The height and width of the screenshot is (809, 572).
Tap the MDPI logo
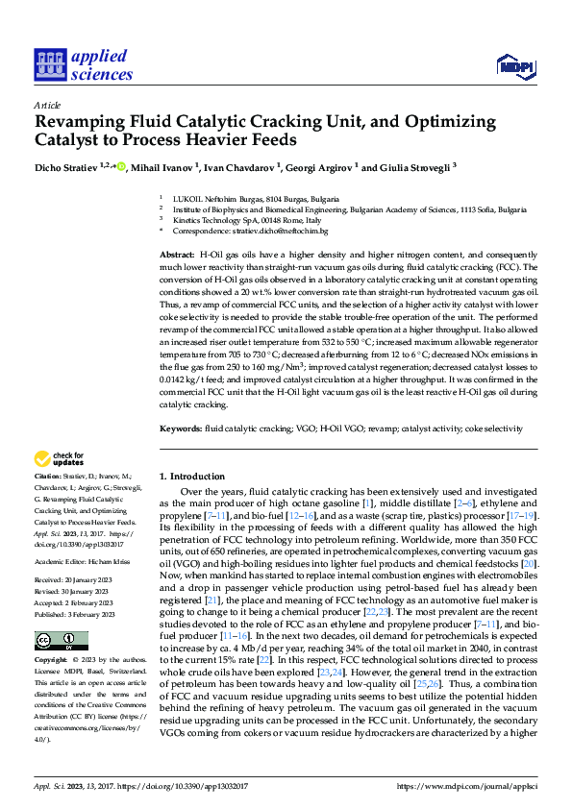pos(512,65)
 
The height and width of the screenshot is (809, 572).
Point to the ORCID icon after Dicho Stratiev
pos(121,166)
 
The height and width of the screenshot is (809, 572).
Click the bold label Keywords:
pos(180,428)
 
